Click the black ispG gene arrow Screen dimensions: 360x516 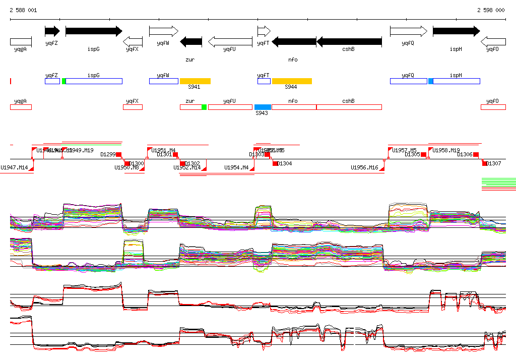click(x=94, y=31)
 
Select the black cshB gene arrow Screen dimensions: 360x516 click(x=349, y=42)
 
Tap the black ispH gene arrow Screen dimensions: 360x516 click(x=456, y=31)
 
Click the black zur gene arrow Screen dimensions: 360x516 click(x=191, y=42)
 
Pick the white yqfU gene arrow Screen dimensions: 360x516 click(x=230, y=42)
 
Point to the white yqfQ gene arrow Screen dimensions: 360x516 click(x=408, y=31)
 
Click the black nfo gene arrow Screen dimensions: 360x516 click(x=294, y=42)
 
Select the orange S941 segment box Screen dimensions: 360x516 click(x=195, y=81)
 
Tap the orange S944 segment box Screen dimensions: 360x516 click(x=292, y=81)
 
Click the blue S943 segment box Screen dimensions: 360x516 click(x=263, y=107)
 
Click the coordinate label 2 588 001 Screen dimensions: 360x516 click(x=23, y=10)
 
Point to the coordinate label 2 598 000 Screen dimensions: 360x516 click(x=491, y=10)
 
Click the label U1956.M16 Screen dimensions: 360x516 click(x=364, y=167)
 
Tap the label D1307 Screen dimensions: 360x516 click(x=494, y=164)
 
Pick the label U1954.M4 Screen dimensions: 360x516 click(x=236, y=167)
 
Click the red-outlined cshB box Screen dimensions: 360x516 click(x=349, y=107)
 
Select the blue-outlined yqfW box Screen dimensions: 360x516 click(x=163, y=81)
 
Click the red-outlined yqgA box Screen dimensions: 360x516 click(x=21, y=107)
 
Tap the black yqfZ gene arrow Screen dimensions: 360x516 click(x=52, y=31)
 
